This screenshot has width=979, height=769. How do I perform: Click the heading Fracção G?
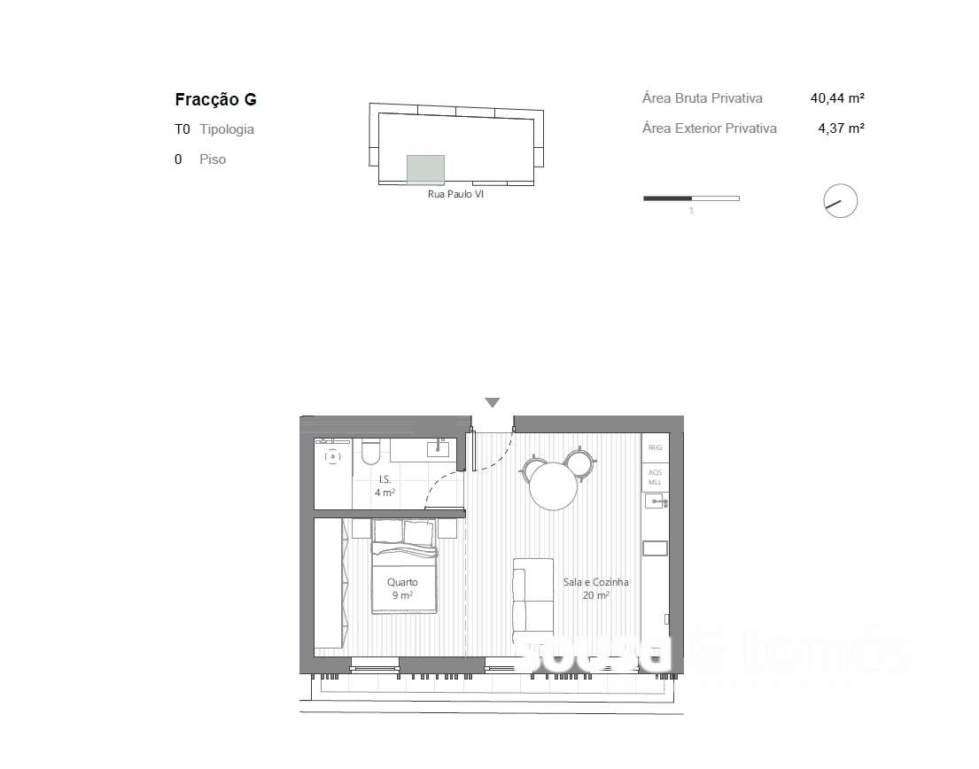215,100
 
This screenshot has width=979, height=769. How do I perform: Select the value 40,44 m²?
837,98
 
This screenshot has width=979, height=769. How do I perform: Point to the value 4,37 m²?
841,128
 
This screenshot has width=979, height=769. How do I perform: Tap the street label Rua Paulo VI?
455,194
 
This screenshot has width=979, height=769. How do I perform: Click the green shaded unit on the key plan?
425,169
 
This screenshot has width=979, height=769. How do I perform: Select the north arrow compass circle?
840,201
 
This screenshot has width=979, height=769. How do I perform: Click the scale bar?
691,198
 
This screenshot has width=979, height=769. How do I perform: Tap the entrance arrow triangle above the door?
493,403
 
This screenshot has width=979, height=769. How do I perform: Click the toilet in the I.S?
370,453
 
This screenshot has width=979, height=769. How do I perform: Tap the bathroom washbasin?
438,449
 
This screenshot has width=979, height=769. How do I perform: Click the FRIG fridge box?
656,448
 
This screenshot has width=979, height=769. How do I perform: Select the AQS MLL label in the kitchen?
656,478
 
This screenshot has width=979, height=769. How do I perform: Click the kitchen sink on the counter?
656,502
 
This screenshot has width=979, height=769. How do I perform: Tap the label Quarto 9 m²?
402,589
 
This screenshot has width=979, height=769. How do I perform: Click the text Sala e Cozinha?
595,582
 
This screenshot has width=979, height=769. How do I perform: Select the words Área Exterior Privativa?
709,128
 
